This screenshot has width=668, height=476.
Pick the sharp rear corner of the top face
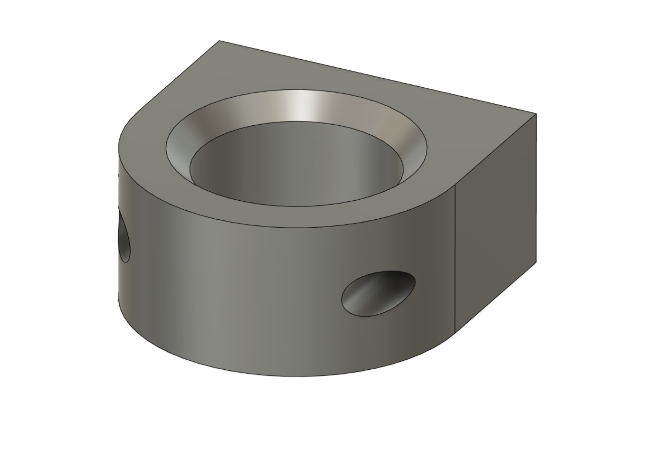click(219, 41)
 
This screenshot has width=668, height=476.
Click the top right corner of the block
click(536, 114)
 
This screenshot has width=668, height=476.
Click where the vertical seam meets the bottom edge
click(455, 332)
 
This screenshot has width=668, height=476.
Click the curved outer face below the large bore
click(261, 298)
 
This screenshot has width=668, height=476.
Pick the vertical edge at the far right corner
click(536, 187)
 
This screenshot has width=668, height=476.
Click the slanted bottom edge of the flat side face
click(496, 297)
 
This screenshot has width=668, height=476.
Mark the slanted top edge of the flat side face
click(496, 149)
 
